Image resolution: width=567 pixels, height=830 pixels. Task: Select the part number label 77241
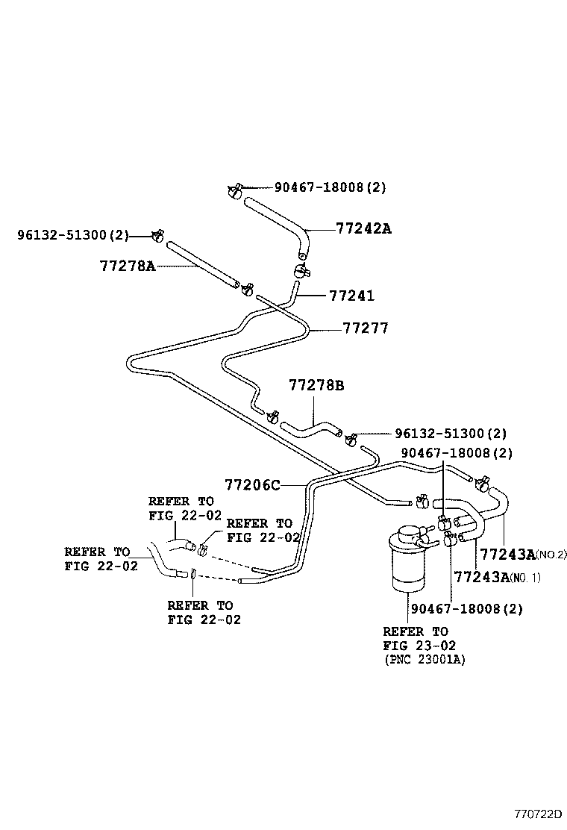pyautogui.click(x=351, y=296)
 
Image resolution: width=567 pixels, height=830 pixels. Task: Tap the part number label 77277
pyautogui.click(x=366, y=328)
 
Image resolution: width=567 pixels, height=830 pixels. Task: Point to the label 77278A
pyautogui.click(x=127, y=266)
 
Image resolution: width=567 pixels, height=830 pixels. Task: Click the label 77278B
pyautogui.click(x=316, y=386)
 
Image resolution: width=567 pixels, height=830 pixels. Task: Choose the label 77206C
pyautogui.click(x=252, y=486)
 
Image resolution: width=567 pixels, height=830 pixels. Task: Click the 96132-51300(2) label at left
pyautogui.click(x=73, y=236)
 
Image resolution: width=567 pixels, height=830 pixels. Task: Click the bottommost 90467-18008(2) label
pyautogui.click(x=466, y=608)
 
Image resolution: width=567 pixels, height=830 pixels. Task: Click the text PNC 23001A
pyautogui.click(x=425, y=661)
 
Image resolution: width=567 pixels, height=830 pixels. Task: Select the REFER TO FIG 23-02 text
pyautogui.click(x=416, y=638)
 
